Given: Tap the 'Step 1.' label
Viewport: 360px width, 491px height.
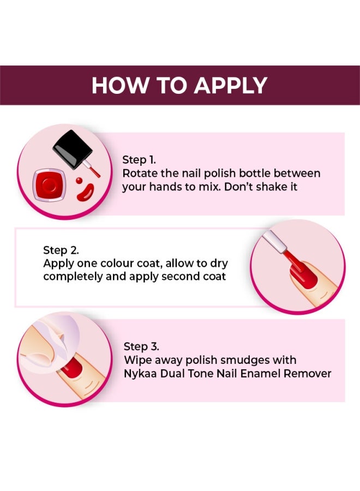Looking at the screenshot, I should click(x=139, y=160).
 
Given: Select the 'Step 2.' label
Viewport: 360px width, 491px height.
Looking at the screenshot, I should click(x=61, y=250).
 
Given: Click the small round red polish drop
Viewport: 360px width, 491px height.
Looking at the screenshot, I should click(x=79, y=180).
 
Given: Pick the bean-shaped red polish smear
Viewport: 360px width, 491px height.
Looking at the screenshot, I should click(x=84, y=191).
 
